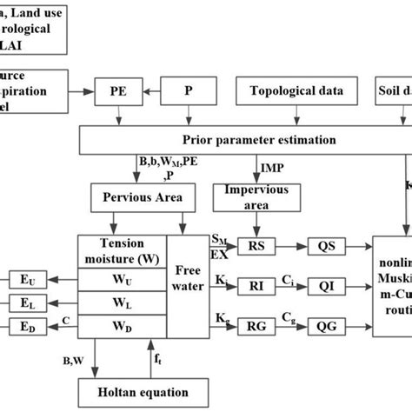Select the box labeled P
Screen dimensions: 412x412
189,91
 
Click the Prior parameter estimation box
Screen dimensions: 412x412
246,140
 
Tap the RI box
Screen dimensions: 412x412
258,285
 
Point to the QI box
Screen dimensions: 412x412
326,285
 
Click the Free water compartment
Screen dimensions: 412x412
188,282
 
